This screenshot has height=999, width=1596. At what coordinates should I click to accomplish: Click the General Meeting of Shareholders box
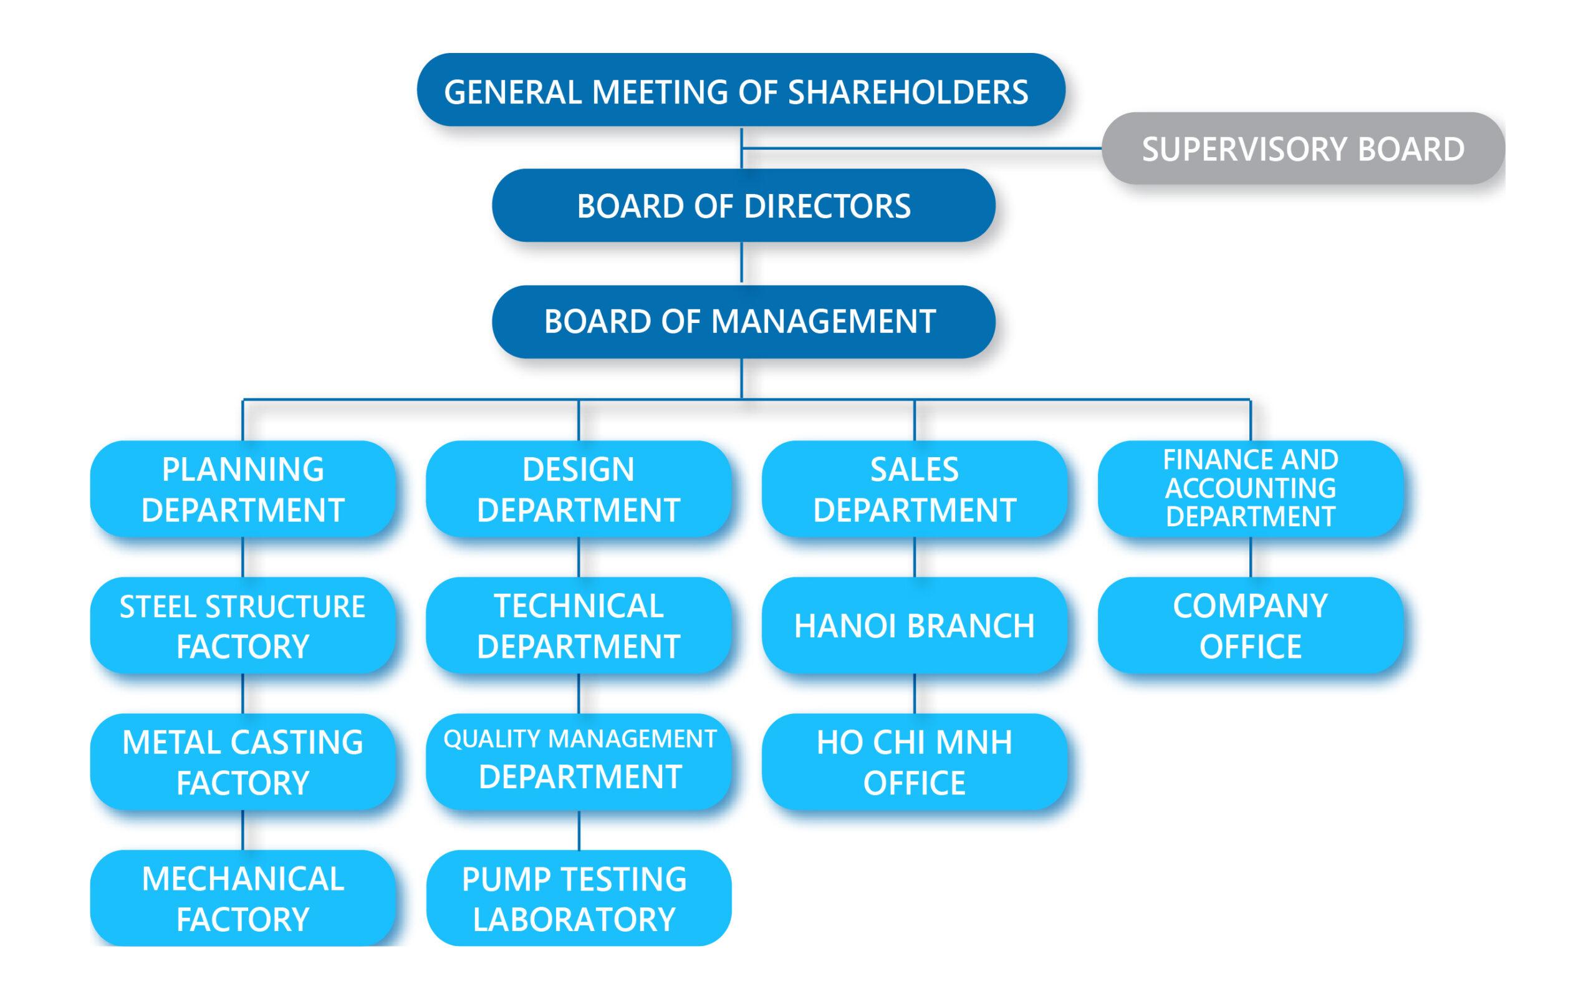[741, 90]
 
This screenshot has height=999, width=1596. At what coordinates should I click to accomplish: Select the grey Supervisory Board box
[1303, 148]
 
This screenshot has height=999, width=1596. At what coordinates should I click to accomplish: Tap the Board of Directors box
[743, 206]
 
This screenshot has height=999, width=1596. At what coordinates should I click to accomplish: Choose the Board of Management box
[743, 322]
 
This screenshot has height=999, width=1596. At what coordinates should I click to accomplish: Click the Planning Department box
[243, 489]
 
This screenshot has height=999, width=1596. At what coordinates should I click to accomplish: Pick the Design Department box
[579, 489]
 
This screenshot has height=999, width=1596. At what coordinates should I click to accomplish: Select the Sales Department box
[914, 489]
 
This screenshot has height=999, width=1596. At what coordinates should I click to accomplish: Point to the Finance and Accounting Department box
[1250, 489]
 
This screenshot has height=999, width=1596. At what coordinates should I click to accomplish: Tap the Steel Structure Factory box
[243, 625]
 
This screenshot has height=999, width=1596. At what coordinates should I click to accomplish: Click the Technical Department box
[579, 625]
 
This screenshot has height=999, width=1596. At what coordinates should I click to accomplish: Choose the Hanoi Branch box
[914, 625]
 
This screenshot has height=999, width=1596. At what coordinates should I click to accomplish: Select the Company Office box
[1250, 625]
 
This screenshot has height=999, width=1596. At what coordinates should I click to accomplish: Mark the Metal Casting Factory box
[243, 762]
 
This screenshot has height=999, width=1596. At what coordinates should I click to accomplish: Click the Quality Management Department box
[579, 762]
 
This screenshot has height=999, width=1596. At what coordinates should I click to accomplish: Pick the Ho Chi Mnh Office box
[914, 762]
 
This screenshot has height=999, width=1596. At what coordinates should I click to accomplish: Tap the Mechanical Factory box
[243, 899]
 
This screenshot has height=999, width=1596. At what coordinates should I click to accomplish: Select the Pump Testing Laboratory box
[579, 899]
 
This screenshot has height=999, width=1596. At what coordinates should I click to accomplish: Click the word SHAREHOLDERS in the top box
[908, 92]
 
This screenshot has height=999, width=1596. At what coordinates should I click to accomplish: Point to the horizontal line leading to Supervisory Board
[925, 148]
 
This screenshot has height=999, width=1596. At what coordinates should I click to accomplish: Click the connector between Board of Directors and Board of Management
[741, 263]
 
